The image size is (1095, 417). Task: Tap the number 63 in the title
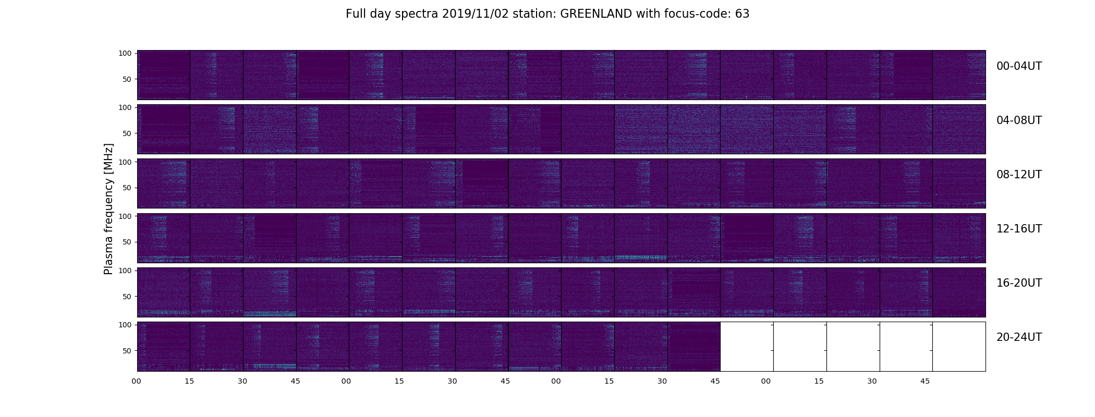pyautogui.click(x=742, y=14)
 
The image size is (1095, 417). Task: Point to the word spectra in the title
pyautogui.click(x=417, y=14)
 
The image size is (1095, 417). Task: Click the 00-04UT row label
pyautogui.click(x=1019, y=66)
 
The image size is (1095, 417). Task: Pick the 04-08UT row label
pyautogui.click(x=1019, y=120)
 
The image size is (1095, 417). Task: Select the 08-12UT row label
pyautogui.click(x=1019, y=175)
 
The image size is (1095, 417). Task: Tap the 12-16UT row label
pyautogui.click(x=1019, y=229)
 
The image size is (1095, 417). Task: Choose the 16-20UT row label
pyautogui.click(x=1019, y=283)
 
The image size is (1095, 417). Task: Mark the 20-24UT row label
pyautogui.click(x=1019, y=337)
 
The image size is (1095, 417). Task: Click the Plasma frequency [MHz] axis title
pyautogui.click(x=108, y=209)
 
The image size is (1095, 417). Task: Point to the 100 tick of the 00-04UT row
pyautogui.click(x=125, y=53)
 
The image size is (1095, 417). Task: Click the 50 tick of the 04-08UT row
pyautogui.click(x=127, y=133)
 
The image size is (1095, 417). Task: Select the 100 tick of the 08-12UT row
pyautogui.click(x=125, y=162)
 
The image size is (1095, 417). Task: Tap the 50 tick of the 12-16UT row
pyautogui.click(x=127, y=242)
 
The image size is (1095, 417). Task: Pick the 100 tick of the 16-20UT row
pyautogui.click(x=125, y=271)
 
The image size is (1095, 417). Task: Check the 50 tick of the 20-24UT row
pyautogui.click(x=127, y=351)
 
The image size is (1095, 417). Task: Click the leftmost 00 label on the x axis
pyautogui.click(x=137, y=382)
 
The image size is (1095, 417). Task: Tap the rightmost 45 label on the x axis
pyautogui.click(x=925, y=382)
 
